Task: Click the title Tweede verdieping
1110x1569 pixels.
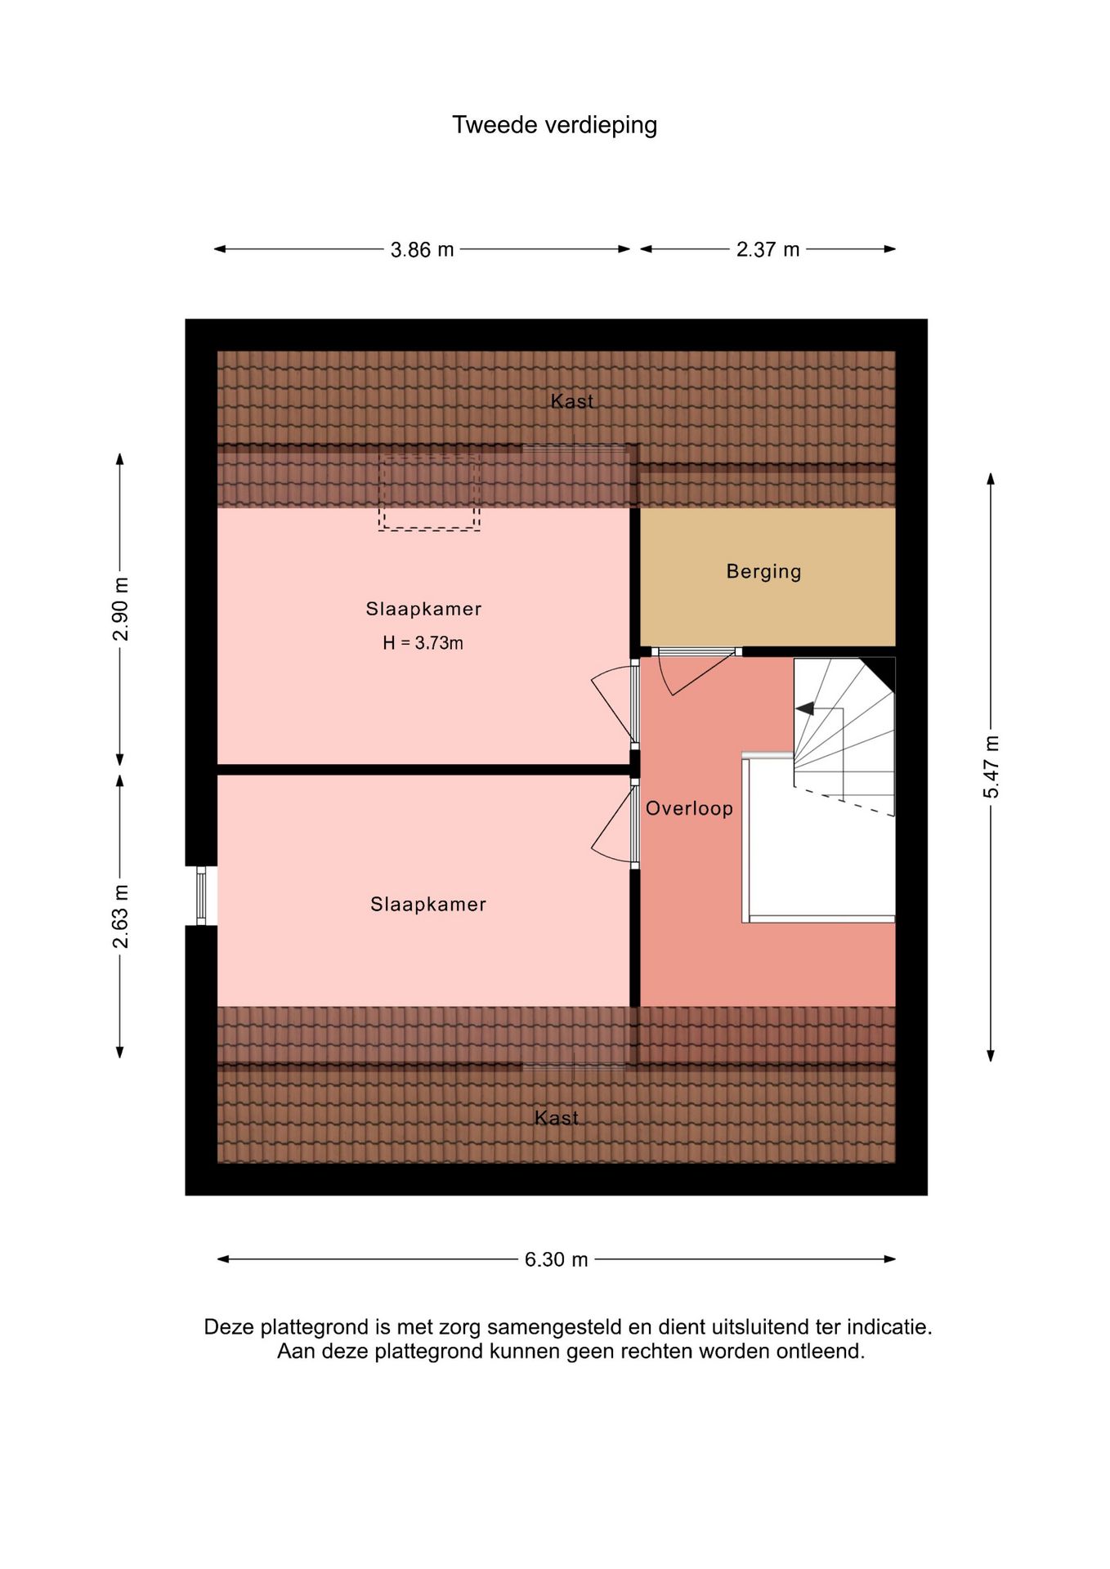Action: [554, 125]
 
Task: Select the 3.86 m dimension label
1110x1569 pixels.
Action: [422, 249]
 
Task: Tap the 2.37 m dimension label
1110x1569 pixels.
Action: [768, 249]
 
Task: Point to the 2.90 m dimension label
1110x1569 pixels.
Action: [120, 609]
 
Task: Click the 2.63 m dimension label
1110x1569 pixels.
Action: [120, 916]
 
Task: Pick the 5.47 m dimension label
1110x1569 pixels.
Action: [991, 767]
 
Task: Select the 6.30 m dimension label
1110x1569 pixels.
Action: [556, 1259]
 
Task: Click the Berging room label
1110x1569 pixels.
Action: [763, 571]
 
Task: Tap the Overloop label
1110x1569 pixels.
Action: [689, 808]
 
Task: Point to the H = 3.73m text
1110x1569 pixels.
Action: [423, 643]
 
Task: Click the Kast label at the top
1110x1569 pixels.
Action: [571, 400]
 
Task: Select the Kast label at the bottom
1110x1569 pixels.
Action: [556, 1117]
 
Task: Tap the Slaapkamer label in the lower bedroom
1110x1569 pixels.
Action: [427, 904]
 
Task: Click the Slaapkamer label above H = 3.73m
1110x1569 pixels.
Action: [423, 609]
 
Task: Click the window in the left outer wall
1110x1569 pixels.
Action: [201, 896]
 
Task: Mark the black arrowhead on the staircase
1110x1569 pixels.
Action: [804, 709]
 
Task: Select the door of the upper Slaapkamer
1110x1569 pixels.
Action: [615, 704]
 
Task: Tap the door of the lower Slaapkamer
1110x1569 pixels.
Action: [615, 824]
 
